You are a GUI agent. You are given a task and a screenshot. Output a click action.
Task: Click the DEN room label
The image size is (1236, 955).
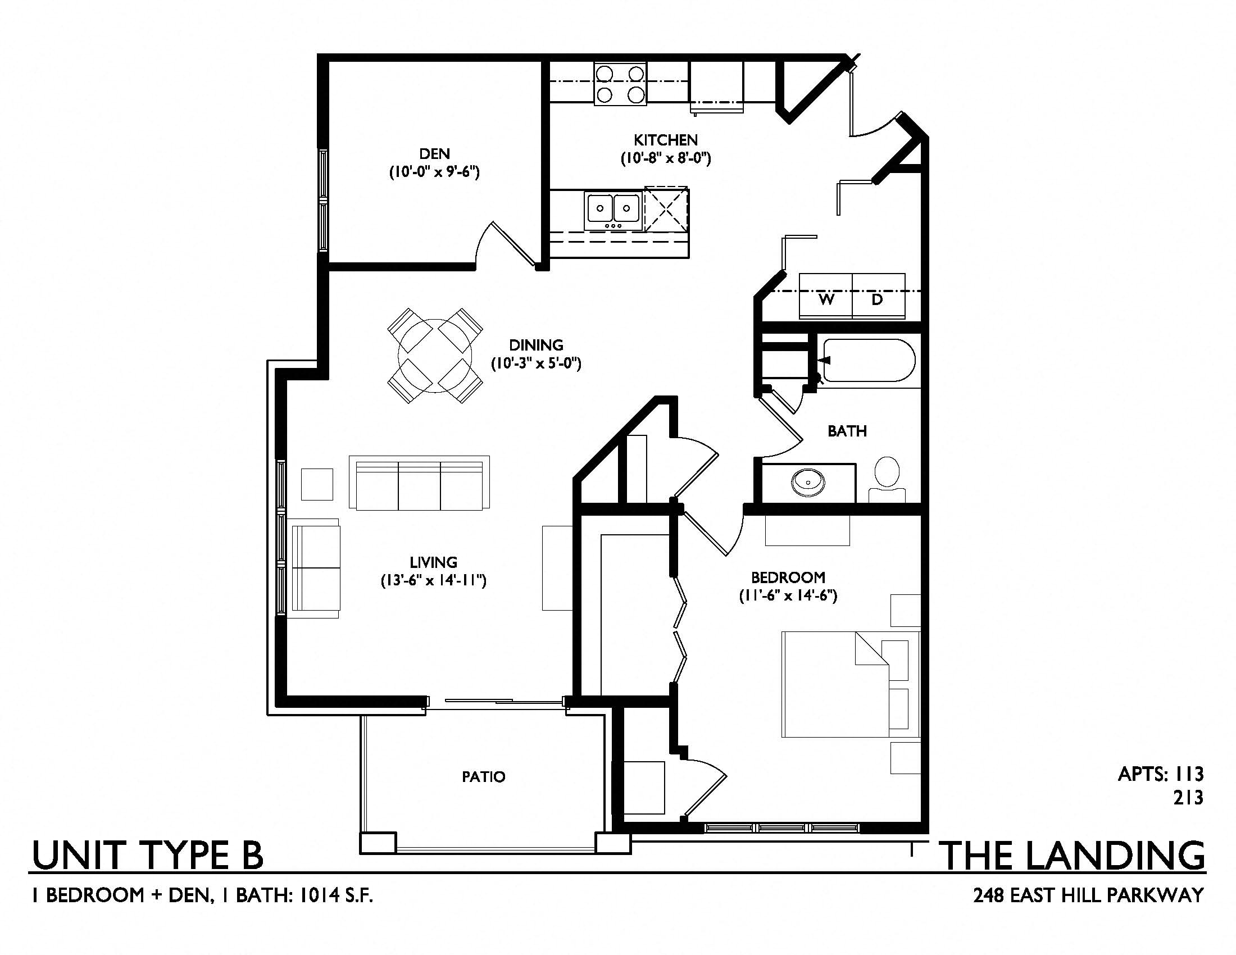[435, 153]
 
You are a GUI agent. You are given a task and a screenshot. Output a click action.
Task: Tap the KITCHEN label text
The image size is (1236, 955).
[666, 140]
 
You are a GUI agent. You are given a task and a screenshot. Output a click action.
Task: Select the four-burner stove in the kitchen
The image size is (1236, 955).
[620, 84]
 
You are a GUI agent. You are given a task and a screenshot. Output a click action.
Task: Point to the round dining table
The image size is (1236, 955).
[435, 356]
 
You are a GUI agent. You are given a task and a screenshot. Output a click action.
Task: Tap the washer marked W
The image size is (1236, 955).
[826, 297]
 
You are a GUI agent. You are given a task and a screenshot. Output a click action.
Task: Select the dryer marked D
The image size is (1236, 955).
[878, 297]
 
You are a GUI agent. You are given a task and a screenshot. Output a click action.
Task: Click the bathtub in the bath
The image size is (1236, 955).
[869, 361]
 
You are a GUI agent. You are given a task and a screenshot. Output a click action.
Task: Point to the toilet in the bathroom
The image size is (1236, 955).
[887, 479]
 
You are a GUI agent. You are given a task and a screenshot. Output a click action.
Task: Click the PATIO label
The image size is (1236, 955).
[483, 777]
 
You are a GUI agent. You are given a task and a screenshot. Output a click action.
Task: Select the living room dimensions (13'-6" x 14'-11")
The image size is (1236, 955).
[434, 580]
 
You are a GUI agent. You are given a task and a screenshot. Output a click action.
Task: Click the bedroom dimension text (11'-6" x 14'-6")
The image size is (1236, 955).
[788, 595]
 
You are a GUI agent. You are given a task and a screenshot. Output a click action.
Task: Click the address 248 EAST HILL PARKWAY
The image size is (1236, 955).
[1088, 895]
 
